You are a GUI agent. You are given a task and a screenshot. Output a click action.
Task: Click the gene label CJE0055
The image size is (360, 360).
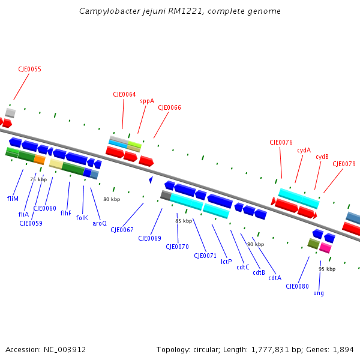(x=30, y=69)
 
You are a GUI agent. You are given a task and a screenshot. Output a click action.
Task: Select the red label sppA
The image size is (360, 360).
(x=147, y=101)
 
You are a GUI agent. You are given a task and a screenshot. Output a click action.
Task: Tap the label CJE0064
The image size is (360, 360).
(x=124, y=94)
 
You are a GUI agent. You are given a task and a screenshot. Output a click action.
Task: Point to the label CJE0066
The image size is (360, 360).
(x=169, y=107)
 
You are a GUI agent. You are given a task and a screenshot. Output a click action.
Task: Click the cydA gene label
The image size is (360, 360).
(x=304, y=150)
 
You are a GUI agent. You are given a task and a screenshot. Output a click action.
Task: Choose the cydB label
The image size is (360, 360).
(x=322, y=157)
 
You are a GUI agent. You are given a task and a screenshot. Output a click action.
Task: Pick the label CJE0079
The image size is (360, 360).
(x=344, y=164)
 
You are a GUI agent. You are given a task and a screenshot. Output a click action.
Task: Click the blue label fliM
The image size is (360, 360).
(x=13, y=198)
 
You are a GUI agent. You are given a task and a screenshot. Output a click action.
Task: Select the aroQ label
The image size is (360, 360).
(x=100, y=223)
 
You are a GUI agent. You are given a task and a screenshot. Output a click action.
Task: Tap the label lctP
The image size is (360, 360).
(x=226, y=261)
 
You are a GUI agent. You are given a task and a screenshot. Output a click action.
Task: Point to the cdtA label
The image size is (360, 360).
(x=275, y=277)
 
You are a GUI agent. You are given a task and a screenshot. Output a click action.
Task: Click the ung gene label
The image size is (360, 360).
(x=319, y=293)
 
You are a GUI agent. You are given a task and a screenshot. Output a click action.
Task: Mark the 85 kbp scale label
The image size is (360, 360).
(x=184, y=221)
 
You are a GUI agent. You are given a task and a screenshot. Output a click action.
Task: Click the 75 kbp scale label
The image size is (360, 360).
(x=38, y=179)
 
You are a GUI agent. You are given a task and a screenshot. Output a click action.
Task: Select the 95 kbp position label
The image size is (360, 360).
(x=327, y=269)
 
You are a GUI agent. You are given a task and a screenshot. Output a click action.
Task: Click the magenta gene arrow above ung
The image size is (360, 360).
(x=325, y=247)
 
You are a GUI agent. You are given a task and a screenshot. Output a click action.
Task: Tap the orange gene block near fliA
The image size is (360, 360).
(x=40, y=160)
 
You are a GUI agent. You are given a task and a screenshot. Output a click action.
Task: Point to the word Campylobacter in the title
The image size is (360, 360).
(x=109, y=11)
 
